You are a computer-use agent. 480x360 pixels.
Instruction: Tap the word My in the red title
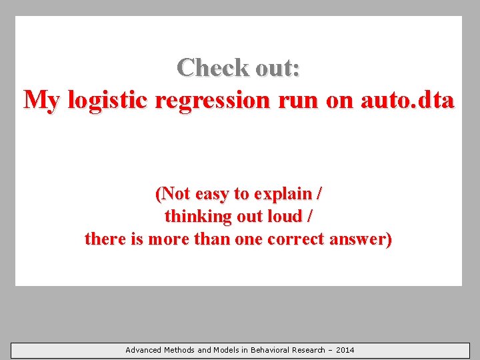point(41,101)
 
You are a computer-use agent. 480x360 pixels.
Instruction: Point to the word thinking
point(195,217)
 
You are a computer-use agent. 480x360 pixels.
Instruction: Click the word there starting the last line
point(105,239)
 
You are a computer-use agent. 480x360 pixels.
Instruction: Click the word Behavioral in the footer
point(271,350)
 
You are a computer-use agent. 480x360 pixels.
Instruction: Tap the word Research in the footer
point(310,350)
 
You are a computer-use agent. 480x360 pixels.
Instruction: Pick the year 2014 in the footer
point(345,350)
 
